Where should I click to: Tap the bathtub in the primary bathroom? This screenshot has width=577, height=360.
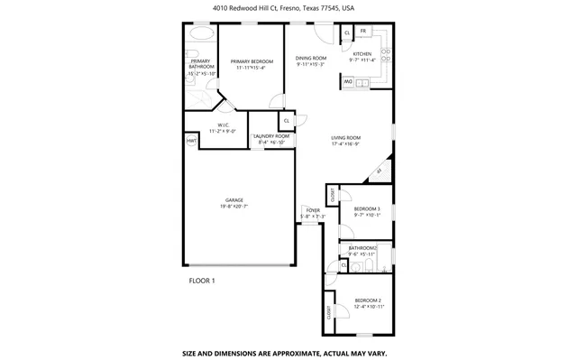(x=201, y=35)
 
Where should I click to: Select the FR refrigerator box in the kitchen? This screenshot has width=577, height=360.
(x=362, y=32)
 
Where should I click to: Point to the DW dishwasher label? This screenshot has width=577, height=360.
(x=347, y=83)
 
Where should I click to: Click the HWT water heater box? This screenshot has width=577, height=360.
(x=191, y=141)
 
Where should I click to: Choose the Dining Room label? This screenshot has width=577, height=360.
(x=311, y=59)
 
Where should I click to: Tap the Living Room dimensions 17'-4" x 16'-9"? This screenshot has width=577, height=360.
(x=345, y=143)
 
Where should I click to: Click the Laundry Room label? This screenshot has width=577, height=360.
(x=271, y=135)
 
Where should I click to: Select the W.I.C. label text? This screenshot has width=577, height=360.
(x=223, y=125)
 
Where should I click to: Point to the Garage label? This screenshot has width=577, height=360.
(x=234, y=199)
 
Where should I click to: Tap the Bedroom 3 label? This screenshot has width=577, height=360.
(x=366, y=208)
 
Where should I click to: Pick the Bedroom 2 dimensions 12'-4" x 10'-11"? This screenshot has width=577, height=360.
(x=368, y=307)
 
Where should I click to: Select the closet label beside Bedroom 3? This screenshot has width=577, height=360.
(x=332, y=195)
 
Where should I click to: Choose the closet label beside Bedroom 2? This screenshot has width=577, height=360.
(x=329, y=312)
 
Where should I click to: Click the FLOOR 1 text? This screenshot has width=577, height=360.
(x=202, y=281)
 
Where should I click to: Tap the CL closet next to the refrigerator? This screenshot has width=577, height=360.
(x=346, y=33)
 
